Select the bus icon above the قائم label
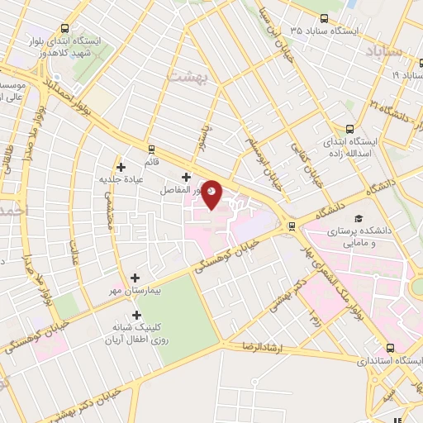click(151, 149)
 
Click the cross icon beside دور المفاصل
click(186, 177)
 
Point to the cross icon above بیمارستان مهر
click(135, 278)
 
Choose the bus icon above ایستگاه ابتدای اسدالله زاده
click(350, 128)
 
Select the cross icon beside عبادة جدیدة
click(121, 167)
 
